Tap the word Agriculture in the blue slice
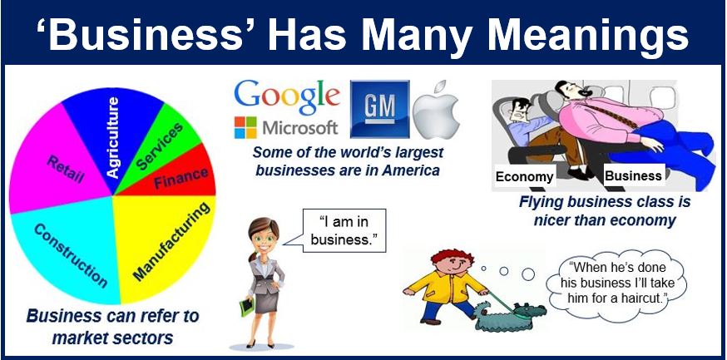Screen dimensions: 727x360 (112, 137)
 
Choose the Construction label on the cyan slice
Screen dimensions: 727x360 (71, 255)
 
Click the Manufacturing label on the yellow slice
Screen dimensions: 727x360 (171, 241)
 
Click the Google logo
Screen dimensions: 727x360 (287, 98)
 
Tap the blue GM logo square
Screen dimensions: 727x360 (380, 110)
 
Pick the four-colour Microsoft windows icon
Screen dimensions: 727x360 (245, 127)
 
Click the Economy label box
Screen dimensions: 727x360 (524, 177)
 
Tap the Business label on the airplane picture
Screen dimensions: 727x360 (633, 176)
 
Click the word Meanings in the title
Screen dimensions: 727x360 (587, 34)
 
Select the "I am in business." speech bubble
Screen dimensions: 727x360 (343, 231)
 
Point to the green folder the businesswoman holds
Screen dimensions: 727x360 (247, 307)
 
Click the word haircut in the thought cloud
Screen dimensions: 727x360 (640, 297)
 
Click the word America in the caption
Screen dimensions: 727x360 (410, 170)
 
